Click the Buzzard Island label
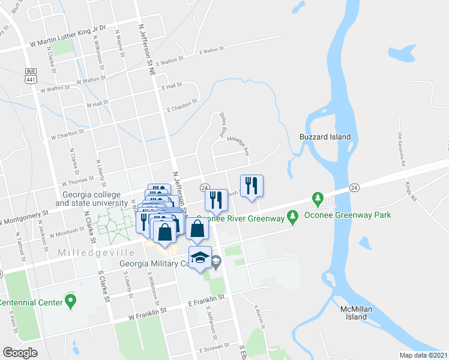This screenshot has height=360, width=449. coord(325,137)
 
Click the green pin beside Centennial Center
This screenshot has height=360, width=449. coord(71,299)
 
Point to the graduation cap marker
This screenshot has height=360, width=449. coord(200,259)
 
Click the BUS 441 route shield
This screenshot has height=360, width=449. coord(31,74)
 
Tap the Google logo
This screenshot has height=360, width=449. coord(20,352)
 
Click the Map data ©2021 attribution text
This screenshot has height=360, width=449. coord(424,355)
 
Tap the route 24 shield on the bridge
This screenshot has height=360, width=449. coord(354,188)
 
